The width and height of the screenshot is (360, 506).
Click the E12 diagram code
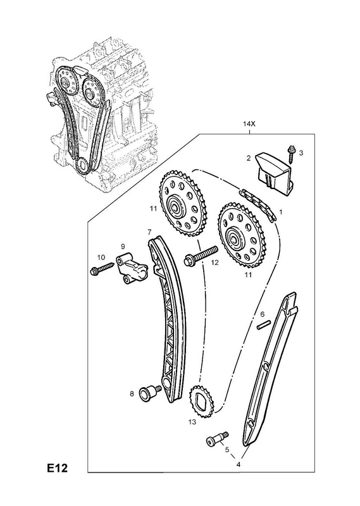coord(57,477)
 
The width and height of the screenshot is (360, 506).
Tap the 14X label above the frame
coord(249,123)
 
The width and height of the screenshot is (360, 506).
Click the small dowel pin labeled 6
coord(263,325)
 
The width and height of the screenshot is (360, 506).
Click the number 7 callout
coord(149,231)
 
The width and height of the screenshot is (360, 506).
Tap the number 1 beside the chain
coord(281,212)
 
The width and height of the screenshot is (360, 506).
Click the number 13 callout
coord(192,422)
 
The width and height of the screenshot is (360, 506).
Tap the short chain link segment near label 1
coord(258,205)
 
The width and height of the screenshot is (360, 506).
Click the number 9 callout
coord(123,247)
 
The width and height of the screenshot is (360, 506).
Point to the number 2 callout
coord(249,157)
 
